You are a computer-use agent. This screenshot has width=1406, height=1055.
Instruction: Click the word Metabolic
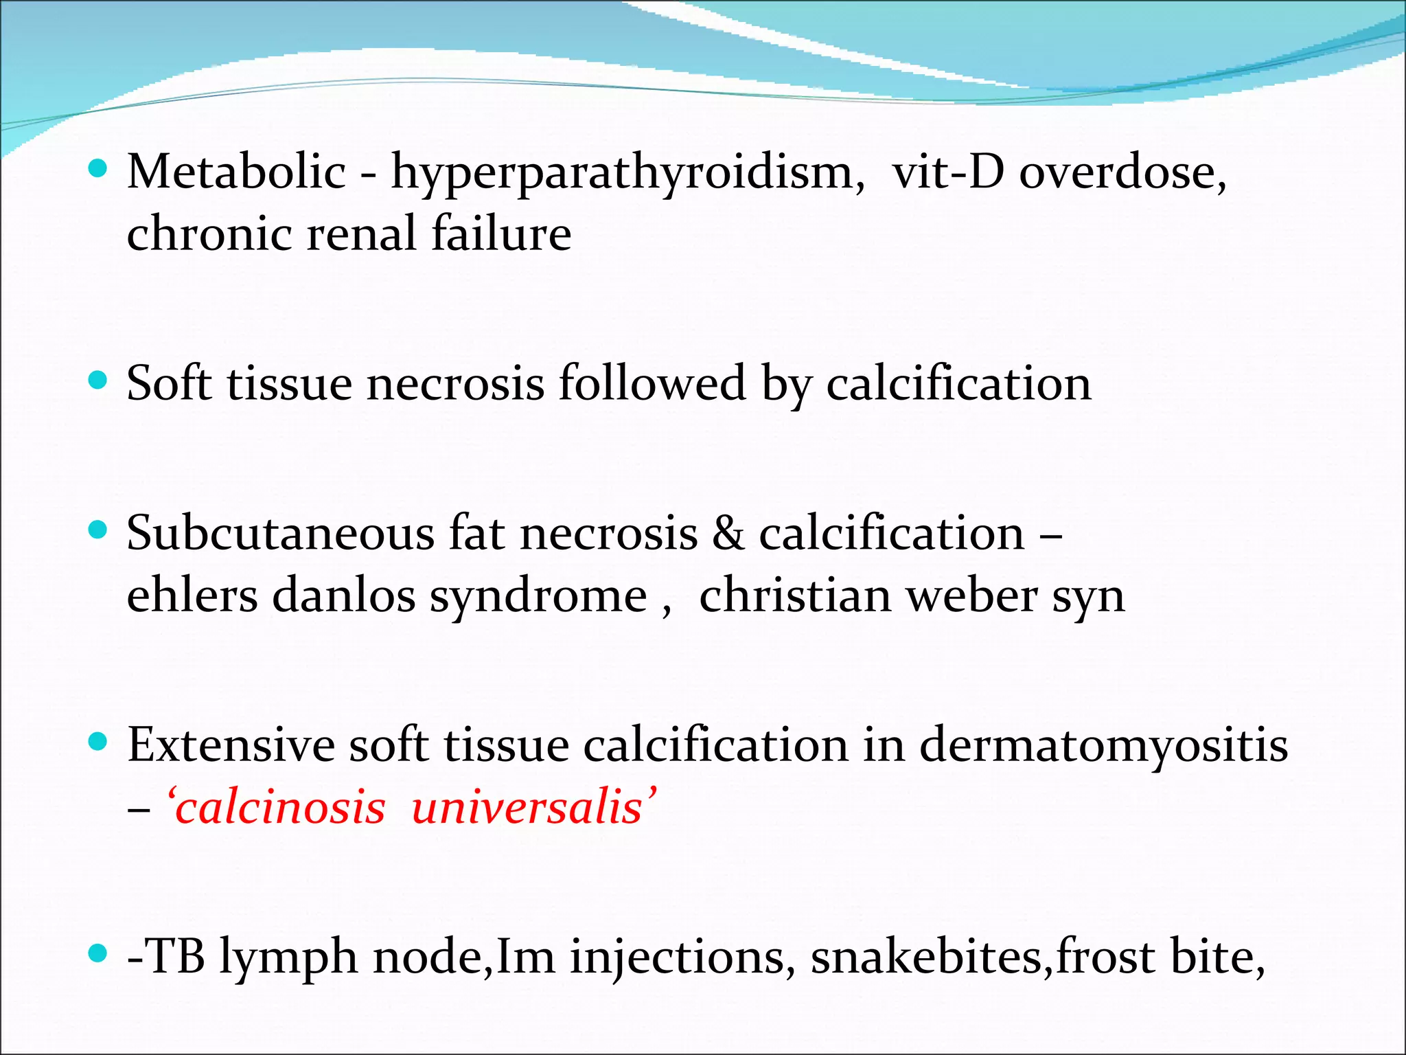(236, 172)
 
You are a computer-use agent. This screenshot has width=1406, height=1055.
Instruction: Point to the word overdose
(1121, 172)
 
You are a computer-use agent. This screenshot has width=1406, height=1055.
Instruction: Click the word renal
(361, 234)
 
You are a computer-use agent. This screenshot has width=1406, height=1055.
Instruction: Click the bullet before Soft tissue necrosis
(99, 380)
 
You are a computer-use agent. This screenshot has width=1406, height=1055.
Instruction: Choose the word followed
(652, 383)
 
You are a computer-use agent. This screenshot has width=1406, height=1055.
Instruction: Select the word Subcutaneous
(280, 534)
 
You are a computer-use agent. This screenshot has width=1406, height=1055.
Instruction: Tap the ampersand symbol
(728, 534)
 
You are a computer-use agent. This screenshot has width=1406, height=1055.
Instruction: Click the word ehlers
(192, 595)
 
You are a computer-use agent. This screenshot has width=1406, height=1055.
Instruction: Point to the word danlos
(344, 595)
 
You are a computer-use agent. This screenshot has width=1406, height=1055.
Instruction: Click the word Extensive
(230, 745)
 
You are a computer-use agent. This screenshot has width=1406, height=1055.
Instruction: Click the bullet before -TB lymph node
(99, 953)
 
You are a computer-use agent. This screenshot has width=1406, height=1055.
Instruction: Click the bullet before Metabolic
(99, 168)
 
